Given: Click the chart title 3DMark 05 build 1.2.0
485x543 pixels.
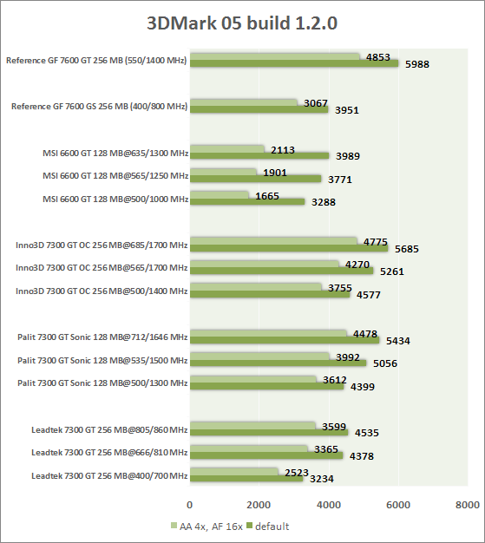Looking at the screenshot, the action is pyautogui.click(x=242, y=23).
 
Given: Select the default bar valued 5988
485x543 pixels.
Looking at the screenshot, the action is pyautogui.click(x=294, y=63).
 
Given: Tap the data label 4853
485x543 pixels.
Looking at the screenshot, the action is pyautogui.click(x=378, y=57).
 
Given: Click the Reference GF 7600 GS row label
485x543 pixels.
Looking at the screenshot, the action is pyautogui.click(x=100, y=107).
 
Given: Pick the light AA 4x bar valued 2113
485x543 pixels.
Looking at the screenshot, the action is pyautogui.click(x=227, y=149).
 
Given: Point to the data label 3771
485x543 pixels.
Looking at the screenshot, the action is pyautogui.click(x=340, y=180).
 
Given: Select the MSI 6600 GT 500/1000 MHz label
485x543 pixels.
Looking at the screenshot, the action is pyautogui.click(x=115, y=200).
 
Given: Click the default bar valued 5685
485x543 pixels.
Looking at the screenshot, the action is pyautogui.click(x=289, y=248).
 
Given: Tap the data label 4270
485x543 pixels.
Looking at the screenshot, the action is pyautogui.click(x=357, y=265).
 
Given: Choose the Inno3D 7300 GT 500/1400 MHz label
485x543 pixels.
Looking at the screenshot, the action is pyautogui.click(x=102, y=291).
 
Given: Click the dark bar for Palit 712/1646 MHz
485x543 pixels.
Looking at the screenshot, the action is pyautogui.click(x=285, y=340).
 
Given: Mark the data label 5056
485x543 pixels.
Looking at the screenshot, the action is pyautogui.click(x=385, y=363).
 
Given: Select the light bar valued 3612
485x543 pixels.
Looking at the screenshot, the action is pyautogui.click(x=252, y=379).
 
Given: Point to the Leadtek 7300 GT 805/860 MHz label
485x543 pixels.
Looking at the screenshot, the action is pyautogui.click(x=109, y=430).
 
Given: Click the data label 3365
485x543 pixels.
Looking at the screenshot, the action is pyautogui.click(x=326, y=449).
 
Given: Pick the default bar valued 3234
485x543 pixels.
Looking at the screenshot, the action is pyautogui.click(x=246, y=479).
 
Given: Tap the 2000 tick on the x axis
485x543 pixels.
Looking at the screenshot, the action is pyautogui.click(x=259, y=505).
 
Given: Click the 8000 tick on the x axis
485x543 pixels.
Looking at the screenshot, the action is pyautogui.click(x=468, y=505).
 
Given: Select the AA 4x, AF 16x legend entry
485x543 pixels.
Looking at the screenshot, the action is pyautogui.click(x=206, y=527).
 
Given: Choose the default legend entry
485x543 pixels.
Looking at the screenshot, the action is pyautogui.click(x=268, y=527).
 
